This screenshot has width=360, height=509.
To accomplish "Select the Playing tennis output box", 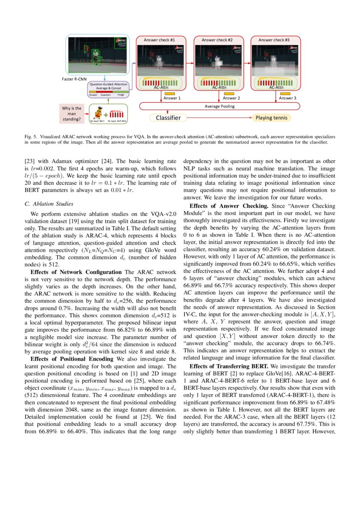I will click(x=270, y=118).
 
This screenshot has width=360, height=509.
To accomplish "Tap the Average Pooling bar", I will click(x=220, y=106).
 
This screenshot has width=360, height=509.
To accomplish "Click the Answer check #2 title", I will click(x=217, y=40).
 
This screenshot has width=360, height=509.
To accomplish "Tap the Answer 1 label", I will click(x=172, y=98).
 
